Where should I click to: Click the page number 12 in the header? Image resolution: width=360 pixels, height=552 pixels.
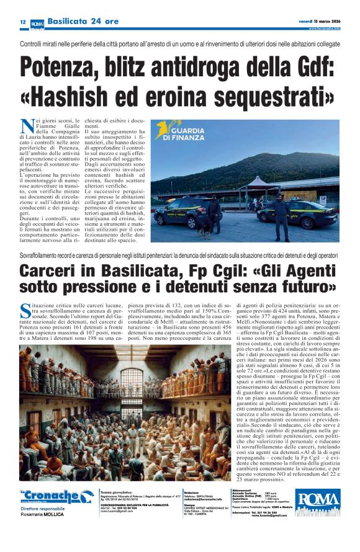(22, 22)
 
